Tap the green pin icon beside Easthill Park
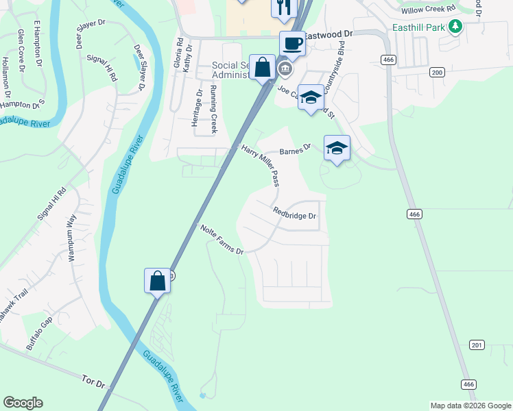[x=455, y=28]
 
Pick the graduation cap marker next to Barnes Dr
[x=337, y=149]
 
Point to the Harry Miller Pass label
[x=261, y=165]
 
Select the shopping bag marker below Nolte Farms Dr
[x=157, y=281]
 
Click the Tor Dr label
[x=93, y=380]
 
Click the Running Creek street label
[x=214, y=110]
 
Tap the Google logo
[x=23, y=403]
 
